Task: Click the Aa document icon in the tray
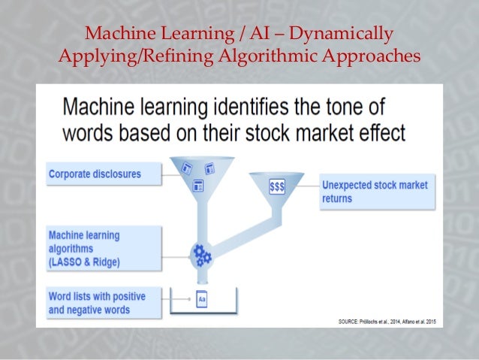pos(201,299)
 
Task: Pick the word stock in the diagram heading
pos(260,134)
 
